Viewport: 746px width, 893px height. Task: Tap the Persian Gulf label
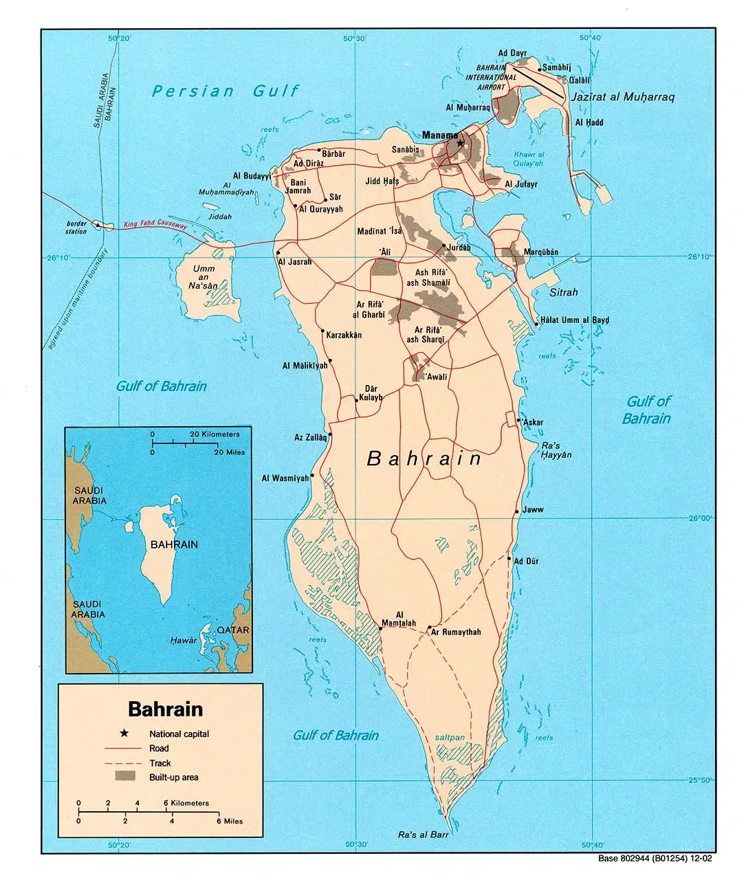point(226,91)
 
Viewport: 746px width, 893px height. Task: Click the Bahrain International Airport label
point(491,78)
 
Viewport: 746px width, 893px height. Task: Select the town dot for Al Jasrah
point(278,254)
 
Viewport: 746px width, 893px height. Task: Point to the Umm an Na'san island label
point(204,277)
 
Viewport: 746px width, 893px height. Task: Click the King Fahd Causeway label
point(155,223)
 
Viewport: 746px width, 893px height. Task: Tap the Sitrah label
point(564,292)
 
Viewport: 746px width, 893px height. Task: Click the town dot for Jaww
point(516,511)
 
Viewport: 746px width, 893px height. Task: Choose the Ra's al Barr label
point(423,835)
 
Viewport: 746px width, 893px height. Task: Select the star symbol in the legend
point(124,734)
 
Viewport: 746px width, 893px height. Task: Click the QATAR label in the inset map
point(233,630)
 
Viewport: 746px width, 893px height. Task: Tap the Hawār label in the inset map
point(184,640)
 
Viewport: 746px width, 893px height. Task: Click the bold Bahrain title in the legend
point(166,709)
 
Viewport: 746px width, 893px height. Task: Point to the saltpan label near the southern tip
point(450,738)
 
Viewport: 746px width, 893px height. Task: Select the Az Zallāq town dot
point(330,434)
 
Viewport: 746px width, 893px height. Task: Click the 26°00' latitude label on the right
point(701,518)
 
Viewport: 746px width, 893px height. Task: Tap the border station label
point(76,228)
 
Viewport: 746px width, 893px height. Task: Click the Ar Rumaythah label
point(456,632)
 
